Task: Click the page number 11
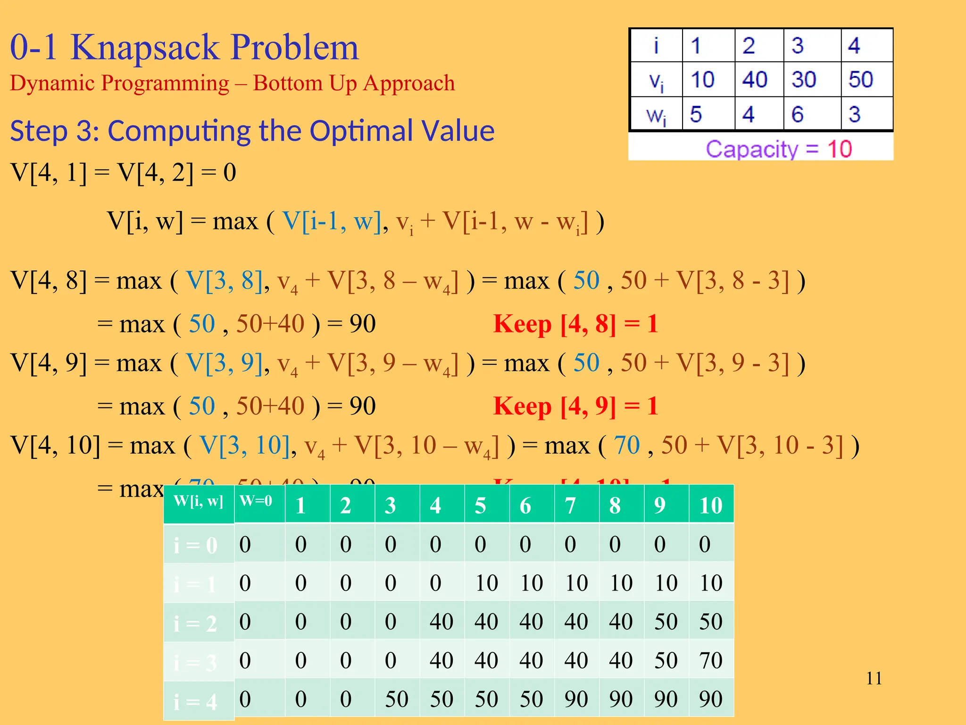click(x=874, y=678)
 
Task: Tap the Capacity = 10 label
click(x=779, y=149)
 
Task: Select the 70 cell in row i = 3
click(x=711, y=660)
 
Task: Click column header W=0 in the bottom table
click(x=256, y=501)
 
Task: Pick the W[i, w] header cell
click(x=198, y=501)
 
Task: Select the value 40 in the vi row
click(x=755, y=79)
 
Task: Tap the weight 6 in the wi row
click(x=797, y=114)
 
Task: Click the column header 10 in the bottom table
click(x=711, y=505)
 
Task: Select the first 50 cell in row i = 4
click(x=396, y=699)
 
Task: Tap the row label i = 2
click(x=196, y=624)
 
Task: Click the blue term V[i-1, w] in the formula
click(x=332, y=221)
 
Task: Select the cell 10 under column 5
click(x=486, y=583)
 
